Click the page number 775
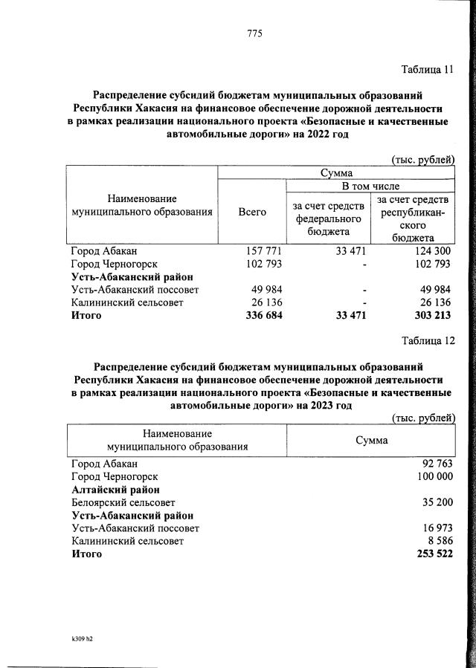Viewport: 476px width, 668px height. tap(254, 33)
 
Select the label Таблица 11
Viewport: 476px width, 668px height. tap(427, 71)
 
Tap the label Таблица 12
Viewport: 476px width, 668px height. tap(427, 340)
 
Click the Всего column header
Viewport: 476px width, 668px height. tap(252, 212)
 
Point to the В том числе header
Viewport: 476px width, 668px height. tap(370, 185)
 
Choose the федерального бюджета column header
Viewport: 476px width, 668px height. tap(329, 218)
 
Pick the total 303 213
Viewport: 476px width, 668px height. tap(431, 315)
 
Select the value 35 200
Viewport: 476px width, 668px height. tap(436, 502)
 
